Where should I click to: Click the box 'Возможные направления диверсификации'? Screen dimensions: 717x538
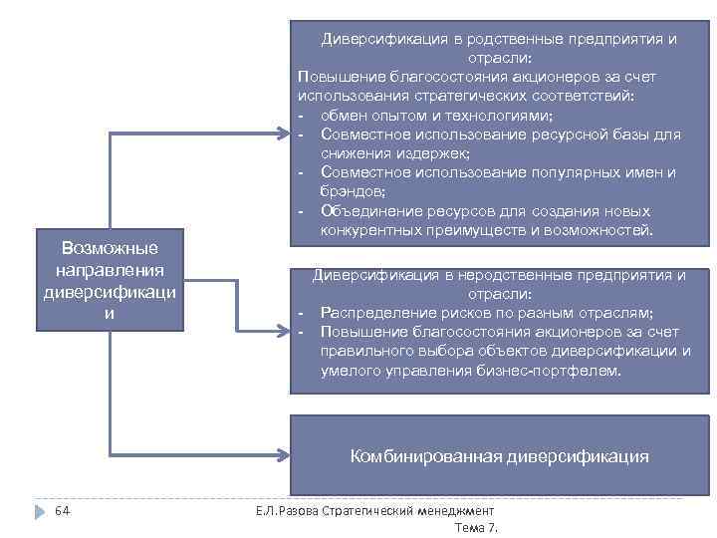111,281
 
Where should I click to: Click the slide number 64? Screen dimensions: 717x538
62,511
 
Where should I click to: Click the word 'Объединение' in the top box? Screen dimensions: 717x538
370,211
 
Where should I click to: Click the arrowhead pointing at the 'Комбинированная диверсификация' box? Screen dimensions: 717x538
282,456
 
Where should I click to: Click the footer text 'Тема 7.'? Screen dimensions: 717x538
475,526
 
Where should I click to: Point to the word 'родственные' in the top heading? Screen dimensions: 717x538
502,39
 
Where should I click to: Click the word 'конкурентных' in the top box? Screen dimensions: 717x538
368,231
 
